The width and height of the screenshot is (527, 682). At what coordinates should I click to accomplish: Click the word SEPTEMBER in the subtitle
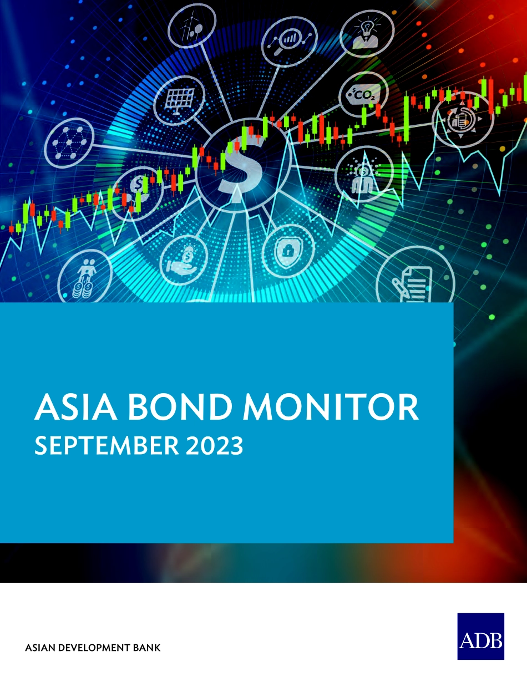click(x=107, y=446)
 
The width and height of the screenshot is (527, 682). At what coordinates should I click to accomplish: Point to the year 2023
click(x=214, y=446)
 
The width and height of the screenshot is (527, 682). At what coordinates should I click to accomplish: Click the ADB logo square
click(x=480, y=636)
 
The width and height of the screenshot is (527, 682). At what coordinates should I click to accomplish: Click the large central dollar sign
click(x=242, y=169)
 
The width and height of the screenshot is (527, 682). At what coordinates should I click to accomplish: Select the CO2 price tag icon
click(x=363, y=94)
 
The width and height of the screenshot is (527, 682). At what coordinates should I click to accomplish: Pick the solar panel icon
click(x=179, y=100)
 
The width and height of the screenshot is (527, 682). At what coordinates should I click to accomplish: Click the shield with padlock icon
click(x=288, y=252)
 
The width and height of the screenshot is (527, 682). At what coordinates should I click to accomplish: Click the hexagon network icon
click(x=69, y=143)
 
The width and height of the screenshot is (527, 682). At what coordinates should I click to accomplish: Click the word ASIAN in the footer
click(x=41, y=648)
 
